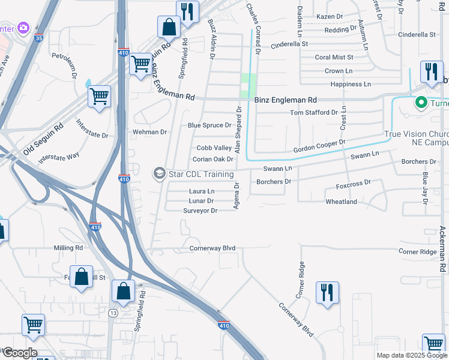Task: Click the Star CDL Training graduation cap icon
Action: (x=159, y=174)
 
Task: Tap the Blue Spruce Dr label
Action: (x=209, y=125)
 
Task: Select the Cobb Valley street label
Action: (x=214, y=148)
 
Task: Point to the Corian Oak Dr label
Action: (x=212, y=160)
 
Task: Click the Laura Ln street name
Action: (x=202, y=191)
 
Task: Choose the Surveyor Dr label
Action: (x=200, y=211)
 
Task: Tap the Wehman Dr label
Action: (x=150, y=132)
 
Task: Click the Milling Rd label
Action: (x=68, y=248)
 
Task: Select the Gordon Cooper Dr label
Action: (x=319, y=146)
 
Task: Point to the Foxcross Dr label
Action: (x=354, y=182)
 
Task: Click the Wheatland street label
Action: (x=341, y=202)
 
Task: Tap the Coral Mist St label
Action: (x=334, y=58)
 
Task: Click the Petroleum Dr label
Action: (x=64, y=67)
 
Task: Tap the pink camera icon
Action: (x=23, y=28)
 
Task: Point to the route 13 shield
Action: (x=113, y=313)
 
